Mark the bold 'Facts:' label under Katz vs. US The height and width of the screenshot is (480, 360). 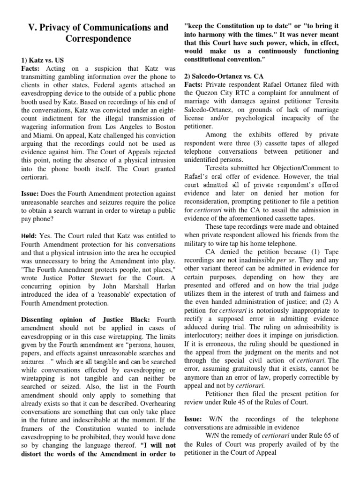pos(32,69)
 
